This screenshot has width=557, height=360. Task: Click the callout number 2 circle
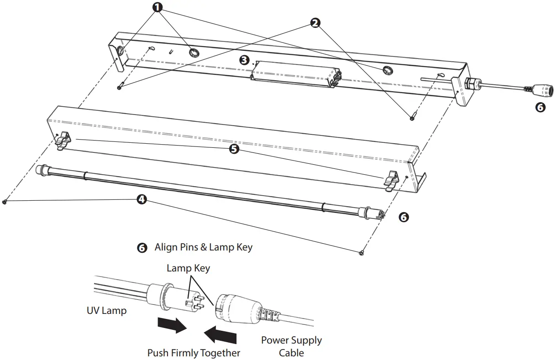(x=315, y=23)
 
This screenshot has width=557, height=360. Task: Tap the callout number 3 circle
(x=245, y=60)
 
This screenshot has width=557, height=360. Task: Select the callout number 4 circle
(x=142, y=199)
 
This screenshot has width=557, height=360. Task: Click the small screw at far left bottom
(x=5, y=202)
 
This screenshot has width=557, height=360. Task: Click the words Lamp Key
(x=188, y=268)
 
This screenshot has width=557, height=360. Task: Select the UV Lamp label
(x=106, y=311)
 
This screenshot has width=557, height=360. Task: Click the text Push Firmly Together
(x=194, y=353)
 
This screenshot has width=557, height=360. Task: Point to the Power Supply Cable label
(x=291, y=346)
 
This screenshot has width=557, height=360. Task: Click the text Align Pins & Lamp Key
(x=203, y=247)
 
